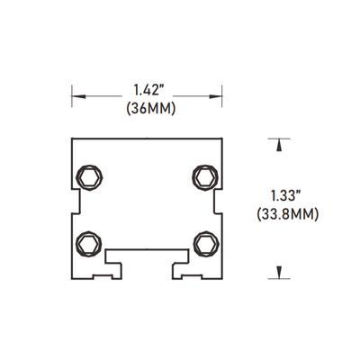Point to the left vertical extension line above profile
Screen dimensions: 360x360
71,102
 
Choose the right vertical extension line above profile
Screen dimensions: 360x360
221,102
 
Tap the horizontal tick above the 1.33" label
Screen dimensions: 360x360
282,138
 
